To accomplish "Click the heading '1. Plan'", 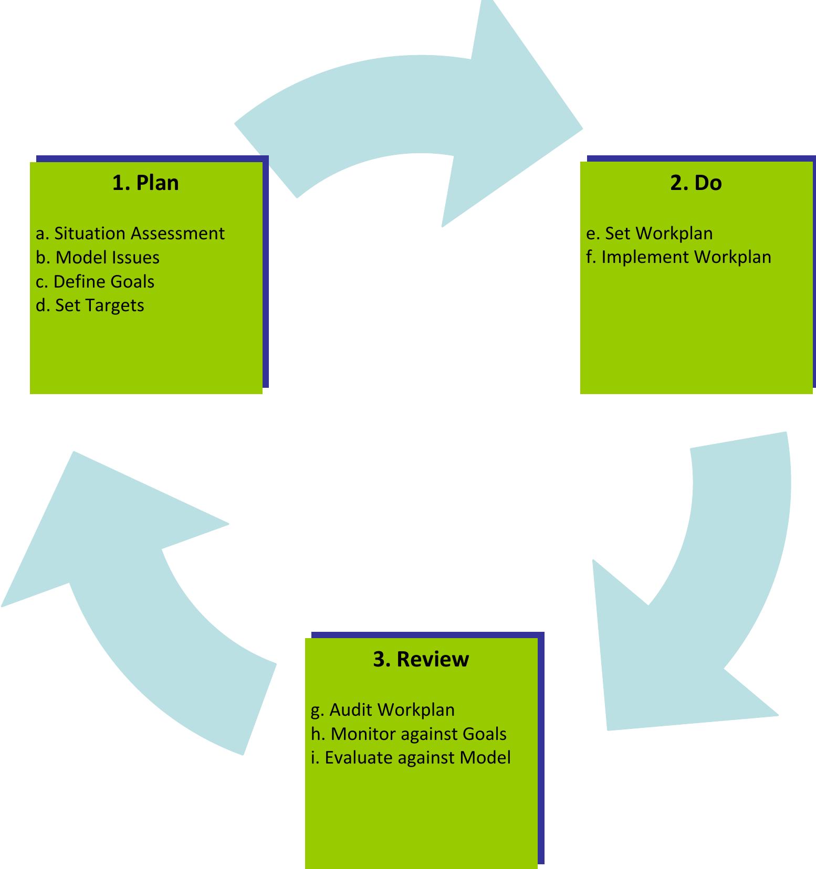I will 145,183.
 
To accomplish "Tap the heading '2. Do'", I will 696,183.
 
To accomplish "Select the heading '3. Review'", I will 421,659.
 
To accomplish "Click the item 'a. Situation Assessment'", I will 130,233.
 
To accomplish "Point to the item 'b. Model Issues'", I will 98,257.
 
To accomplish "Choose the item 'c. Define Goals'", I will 95,281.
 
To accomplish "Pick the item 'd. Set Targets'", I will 90,305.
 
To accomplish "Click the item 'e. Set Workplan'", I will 650,233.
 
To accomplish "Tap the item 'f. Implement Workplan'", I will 678,257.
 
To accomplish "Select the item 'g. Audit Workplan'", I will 383,709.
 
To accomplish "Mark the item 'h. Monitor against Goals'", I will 409,734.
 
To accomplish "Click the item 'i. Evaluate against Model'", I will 411,758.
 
